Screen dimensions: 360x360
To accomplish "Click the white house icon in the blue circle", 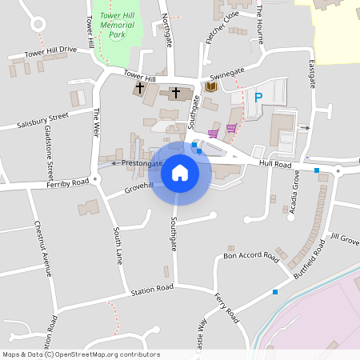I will (x=180, y=173).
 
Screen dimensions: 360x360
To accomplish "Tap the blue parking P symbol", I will (x=258, y=98).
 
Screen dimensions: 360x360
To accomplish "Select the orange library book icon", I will (x=211, y=86).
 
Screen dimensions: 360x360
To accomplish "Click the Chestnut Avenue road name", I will (x=42, y=249).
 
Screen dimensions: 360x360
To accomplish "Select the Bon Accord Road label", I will (x=251, y=257).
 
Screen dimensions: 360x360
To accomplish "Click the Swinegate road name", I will (x=227, y=72).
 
